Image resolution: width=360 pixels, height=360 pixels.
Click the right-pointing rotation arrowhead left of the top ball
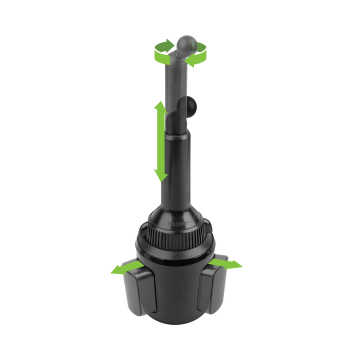[x=170, y=46]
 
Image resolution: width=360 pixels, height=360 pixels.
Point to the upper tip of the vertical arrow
[x=160, y=103]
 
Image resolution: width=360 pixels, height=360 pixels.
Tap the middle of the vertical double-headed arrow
[x=160, y=141]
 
